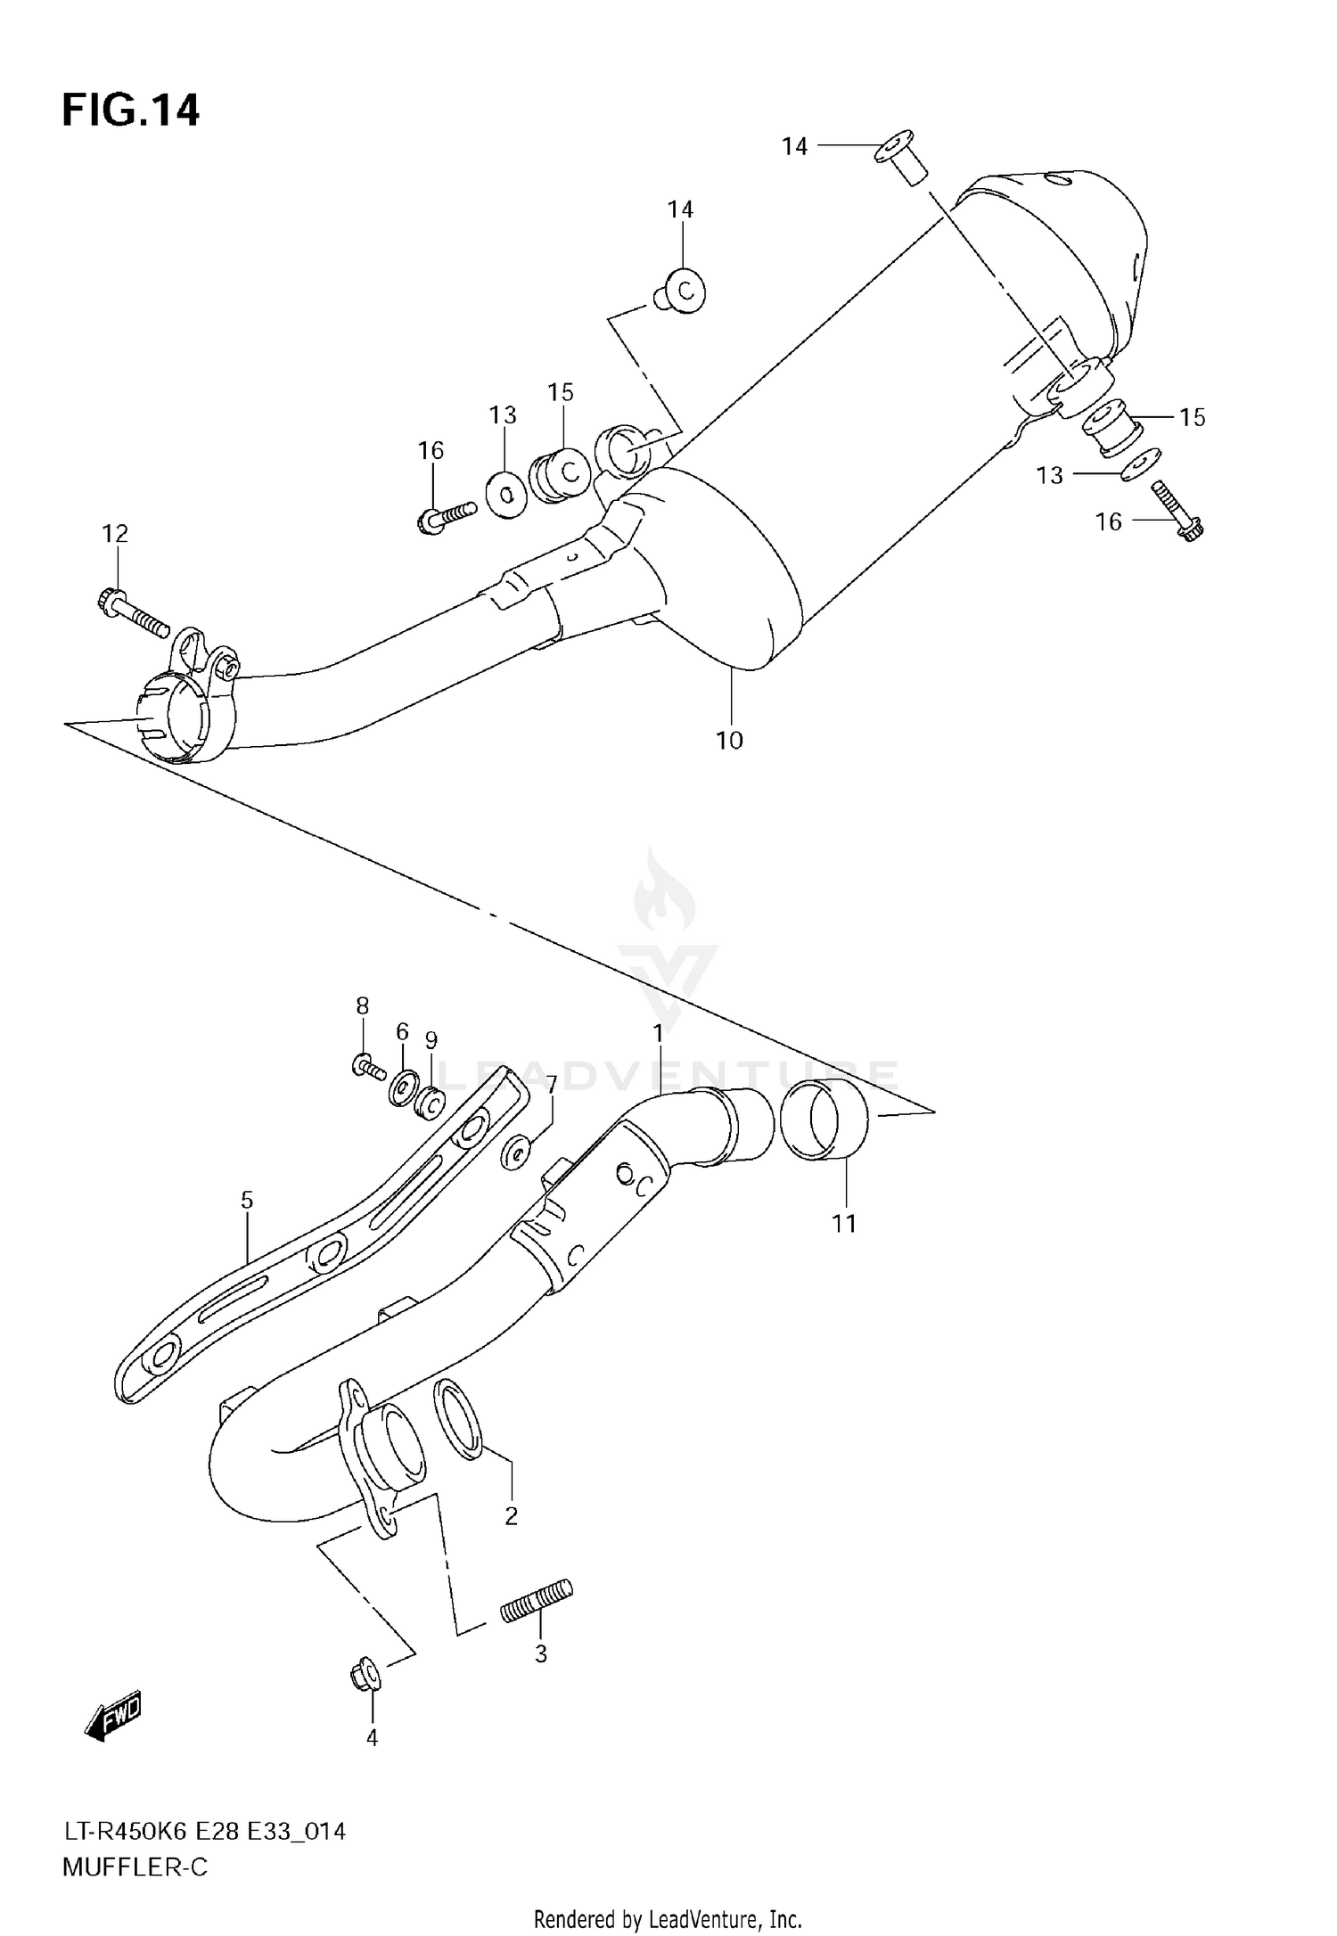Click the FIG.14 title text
(130, 111)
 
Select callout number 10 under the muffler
(729, 741)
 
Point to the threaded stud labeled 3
(537, 1601)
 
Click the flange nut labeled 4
(365, 1675)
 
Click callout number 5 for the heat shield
(247, 1201)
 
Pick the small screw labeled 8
(368, 1065)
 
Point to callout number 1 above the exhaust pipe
(658, 1034)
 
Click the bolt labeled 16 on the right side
(1177, 512)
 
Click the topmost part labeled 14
(899, 158)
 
